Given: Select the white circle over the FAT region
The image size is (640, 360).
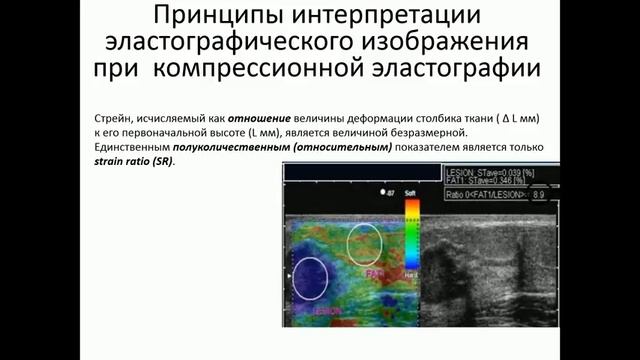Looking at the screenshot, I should pyautogui.click(x=364, y=243).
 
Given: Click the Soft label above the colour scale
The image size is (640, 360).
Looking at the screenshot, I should pyautogui.click(x=409, y=190).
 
